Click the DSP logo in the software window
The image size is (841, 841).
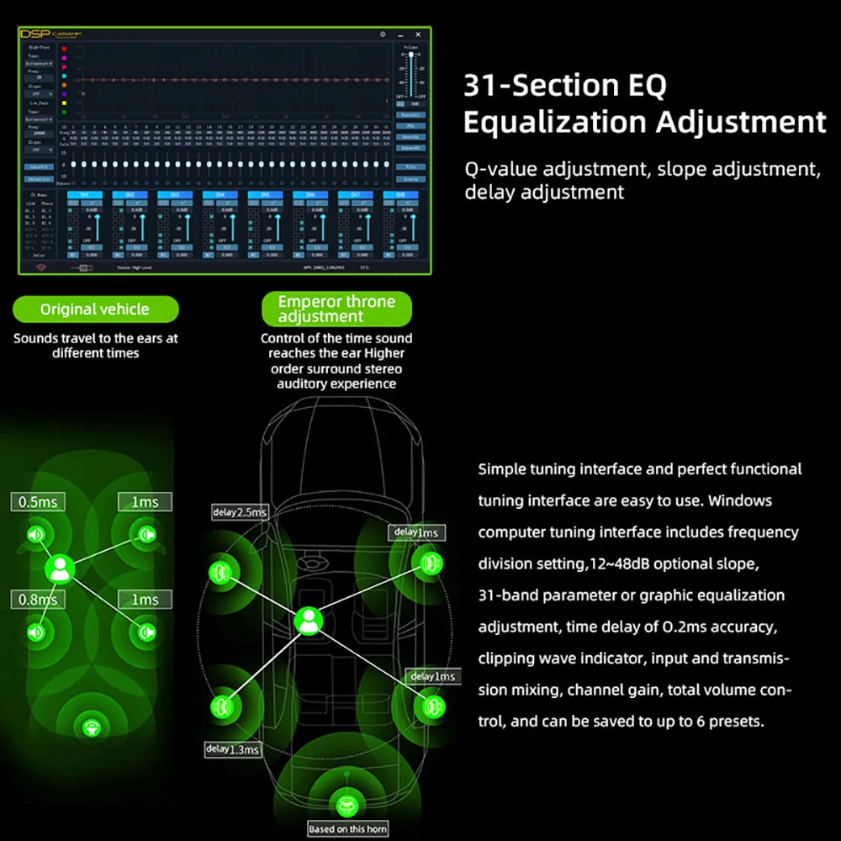[36, 35]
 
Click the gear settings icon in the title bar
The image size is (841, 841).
[383, 35]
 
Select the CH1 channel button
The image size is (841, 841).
[84, 195]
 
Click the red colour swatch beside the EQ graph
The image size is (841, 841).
[65, 49]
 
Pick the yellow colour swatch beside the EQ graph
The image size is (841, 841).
[65, 94]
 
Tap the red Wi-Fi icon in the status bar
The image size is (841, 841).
[39, 267]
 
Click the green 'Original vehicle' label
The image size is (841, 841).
[94, 309]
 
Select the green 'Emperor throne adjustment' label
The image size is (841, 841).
[336, 309]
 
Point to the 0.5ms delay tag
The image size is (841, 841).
[37, 502]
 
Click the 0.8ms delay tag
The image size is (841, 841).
[37, 600]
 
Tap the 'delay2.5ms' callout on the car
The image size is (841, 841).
[240, 512]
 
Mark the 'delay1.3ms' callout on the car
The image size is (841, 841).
[232, 748]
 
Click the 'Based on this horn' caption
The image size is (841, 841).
[347, 829]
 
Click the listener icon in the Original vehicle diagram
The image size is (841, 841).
[60, 569]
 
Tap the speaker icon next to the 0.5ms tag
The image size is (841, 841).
[36, 535]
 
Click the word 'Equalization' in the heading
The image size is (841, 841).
[555, 122]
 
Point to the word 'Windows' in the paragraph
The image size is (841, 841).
[740, 500]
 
